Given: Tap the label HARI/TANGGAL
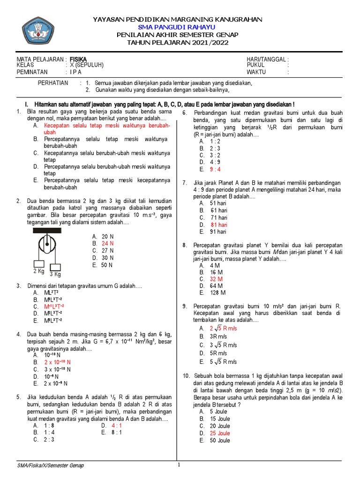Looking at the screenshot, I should tap(267, 59).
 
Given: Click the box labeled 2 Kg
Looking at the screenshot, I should tap(39, 265).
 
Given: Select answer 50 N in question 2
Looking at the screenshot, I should tap(107, 265).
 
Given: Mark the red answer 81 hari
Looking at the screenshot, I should tap(218, 225).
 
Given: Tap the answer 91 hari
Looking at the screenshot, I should tap(218, 232).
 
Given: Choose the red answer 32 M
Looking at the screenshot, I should tap(216, 279).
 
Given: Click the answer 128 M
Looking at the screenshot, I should tap(217, 293).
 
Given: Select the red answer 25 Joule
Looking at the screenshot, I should tap(220, 433).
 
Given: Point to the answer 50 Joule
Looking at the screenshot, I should tap(220, 440).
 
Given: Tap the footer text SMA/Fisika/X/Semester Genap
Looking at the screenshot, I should tap(51, 465).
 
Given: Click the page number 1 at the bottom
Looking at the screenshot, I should tap(179, 465).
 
